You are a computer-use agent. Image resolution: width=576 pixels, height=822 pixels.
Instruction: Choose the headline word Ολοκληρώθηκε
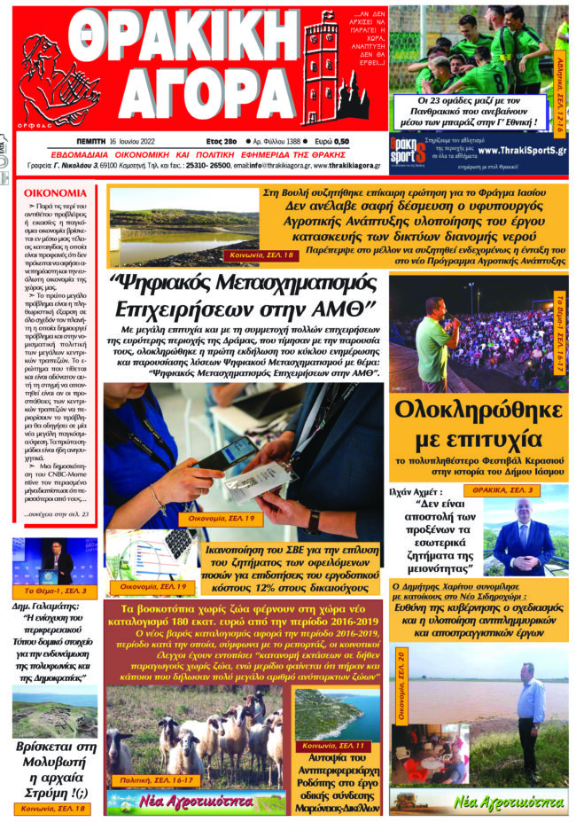[479, 414]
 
